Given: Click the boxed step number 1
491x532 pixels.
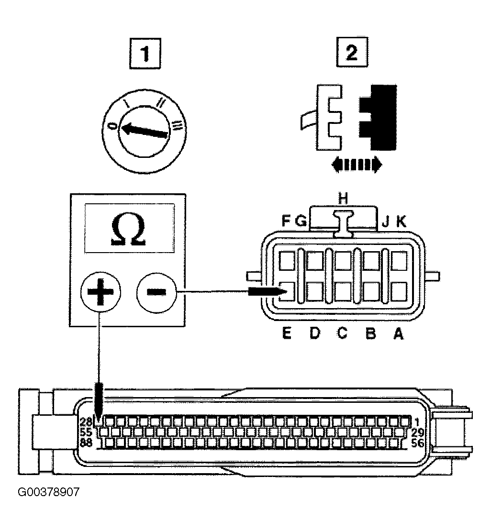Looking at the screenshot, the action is coord(145,54).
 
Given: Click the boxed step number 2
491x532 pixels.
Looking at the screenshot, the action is coord(352,52).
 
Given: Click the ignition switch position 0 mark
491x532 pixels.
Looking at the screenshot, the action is coord(113,126).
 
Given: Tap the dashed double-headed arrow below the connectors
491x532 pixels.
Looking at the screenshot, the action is coord(357,164).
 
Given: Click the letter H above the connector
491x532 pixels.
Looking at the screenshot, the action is coord(344,199).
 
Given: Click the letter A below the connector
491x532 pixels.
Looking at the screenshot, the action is coord(399,334).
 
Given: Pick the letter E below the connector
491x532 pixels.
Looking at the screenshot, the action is coord(287,334).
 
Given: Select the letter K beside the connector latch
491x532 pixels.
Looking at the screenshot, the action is coord(402,222).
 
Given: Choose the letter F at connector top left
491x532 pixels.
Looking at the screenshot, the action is coord(286,222).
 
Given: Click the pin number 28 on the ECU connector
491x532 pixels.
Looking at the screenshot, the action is coord(86,422).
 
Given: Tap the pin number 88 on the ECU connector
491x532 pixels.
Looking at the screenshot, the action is coord(86,443).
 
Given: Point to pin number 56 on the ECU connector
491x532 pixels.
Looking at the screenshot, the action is coord(418,443).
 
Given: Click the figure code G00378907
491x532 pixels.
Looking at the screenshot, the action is coord(48,492).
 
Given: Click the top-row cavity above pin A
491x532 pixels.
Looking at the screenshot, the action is coord(399,261).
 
